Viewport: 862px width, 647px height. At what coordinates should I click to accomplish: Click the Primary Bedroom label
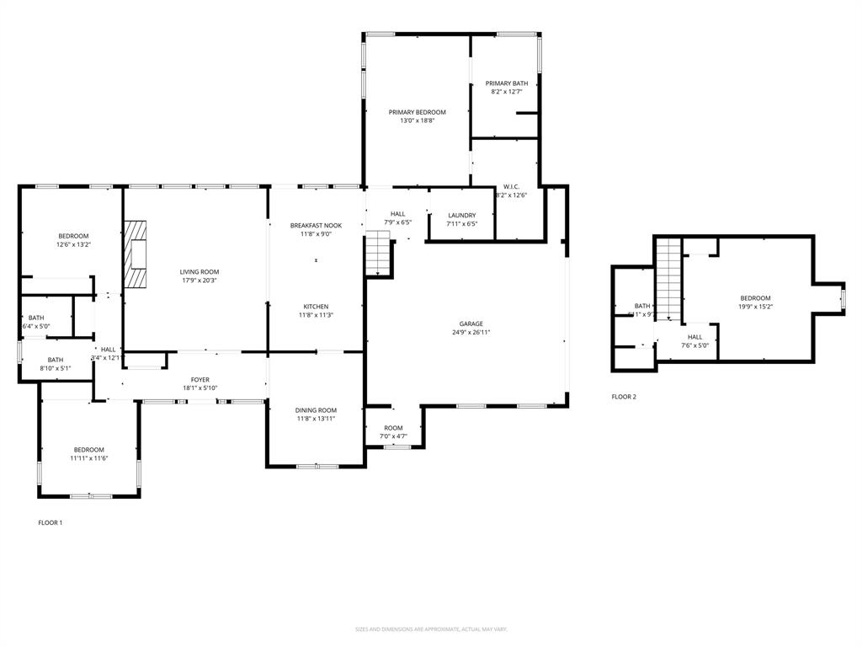(x=417, y=112)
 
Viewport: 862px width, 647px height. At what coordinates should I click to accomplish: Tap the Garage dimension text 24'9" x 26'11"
(x=471, y=333)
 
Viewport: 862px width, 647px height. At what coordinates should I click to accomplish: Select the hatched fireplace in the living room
(x=135, y=255)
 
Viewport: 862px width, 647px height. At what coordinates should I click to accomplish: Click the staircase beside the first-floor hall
(x=378, y=254)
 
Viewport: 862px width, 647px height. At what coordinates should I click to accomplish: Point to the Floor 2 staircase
(x=668, y=279)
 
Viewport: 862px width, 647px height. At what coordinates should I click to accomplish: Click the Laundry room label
(x=461, y=216)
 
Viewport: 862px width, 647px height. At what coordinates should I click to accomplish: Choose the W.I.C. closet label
(x=512, y=186)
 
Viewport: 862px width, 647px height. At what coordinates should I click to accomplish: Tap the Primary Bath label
(x=507, y=83)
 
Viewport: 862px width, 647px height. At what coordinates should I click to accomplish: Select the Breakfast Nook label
(x=316, y=226)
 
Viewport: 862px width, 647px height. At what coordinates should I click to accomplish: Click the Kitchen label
(x=316, y=307)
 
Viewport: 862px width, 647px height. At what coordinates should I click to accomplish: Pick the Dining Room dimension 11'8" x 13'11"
(x=316, y=419)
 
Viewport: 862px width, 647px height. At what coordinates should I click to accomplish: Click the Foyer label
(x=200, y=380)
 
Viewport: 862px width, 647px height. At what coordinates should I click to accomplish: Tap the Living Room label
(x=199, y=272)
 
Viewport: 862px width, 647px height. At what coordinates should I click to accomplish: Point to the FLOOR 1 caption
(x=51, y=523)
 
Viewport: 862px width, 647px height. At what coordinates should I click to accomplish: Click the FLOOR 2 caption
(x=624, y=397)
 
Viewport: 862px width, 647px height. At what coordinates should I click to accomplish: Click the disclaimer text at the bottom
(x=431, y=629)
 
